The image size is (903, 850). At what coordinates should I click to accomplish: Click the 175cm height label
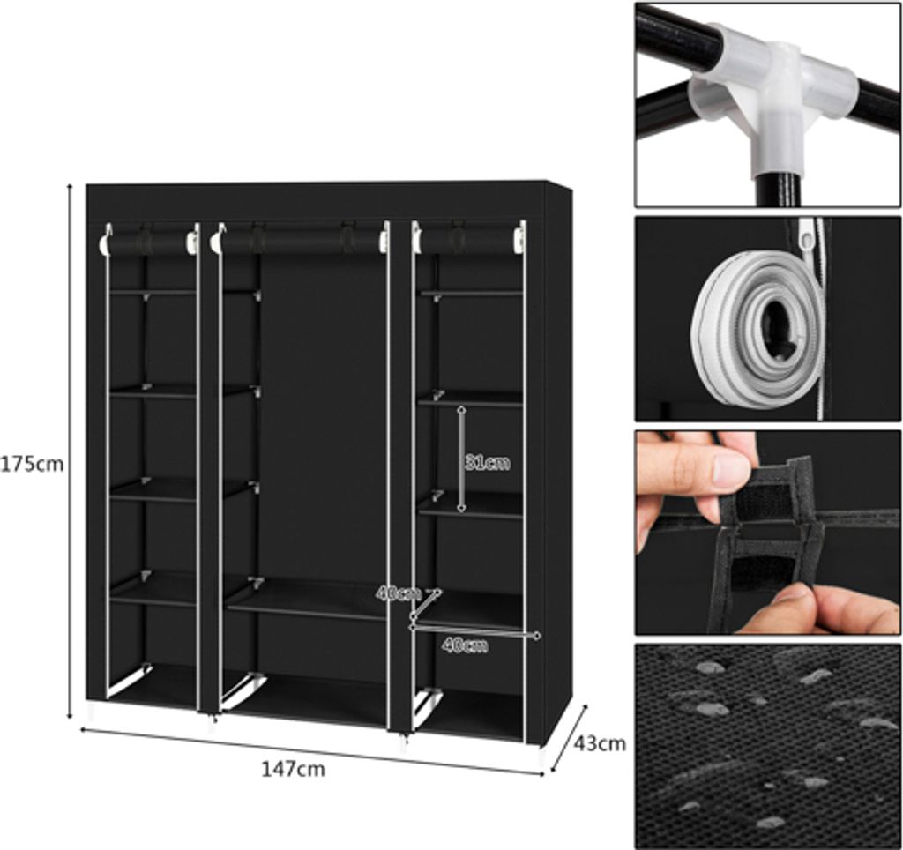coord(32,464)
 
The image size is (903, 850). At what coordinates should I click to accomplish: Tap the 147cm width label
coord(293,768)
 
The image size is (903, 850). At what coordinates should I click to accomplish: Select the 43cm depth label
coord(600,743)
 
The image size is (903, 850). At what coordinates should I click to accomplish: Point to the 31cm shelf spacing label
coord(488,462)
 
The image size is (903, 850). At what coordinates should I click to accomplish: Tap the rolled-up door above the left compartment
coord(148,242)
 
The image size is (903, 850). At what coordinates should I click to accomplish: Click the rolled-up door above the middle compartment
coord(300,242)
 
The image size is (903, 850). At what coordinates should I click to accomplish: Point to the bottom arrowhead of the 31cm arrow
coord(461,509)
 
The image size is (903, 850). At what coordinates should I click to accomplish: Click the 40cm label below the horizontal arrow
coord(465,645)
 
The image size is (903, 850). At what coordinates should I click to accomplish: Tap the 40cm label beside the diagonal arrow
coord(398,593)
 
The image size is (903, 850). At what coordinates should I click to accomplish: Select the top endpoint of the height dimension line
coord(71,185)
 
